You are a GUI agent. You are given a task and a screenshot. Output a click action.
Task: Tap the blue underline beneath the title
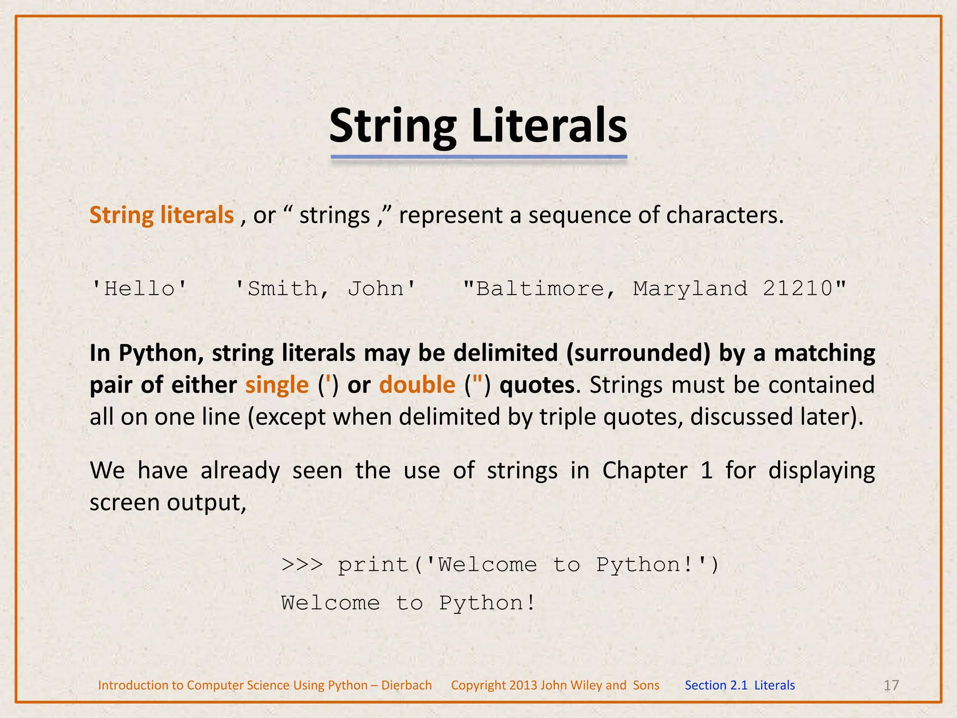[478, 157]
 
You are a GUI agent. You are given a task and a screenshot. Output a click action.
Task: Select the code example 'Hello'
[140, 288]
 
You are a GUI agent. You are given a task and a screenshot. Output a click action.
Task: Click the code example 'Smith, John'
[325, 288]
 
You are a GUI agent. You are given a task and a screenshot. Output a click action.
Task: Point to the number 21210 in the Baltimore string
[798, 288]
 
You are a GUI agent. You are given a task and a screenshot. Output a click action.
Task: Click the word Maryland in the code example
[690, 289]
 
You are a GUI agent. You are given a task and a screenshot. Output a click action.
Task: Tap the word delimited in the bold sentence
[506, 353]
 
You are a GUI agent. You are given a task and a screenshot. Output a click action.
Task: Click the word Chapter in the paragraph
[644, 471]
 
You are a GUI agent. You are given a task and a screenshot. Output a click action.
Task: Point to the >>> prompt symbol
[302, 565]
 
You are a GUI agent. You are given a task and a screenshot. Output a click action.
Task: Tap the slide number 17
[891, 685]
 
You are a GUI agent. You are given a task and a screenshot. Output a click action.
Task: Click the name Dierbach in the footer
[407, 685]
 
